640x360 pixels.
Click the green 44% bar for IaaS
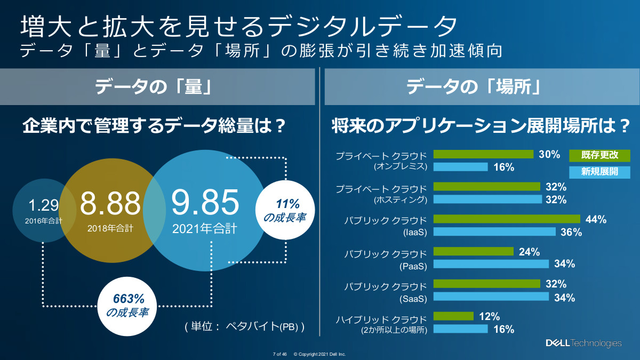point(507,219)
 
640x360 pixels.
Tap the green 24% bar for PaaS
point(474,252)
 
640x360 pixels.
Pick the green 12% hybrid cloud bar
point(453,316)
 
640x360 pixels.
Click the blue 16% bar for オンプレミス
point(461,167)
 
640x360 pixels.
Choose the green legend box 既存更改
point(599,155)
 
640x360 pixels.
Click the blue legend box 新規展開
point(599,172)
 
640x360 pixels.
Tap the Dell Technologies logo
point(583,343)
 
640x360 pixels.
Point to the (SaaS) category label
point(414,298)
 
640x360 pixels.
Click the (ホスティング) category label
point(401,200)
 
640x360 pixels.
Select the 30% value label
point(549,154)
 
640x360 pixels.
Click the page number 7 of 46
point(280,354)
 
